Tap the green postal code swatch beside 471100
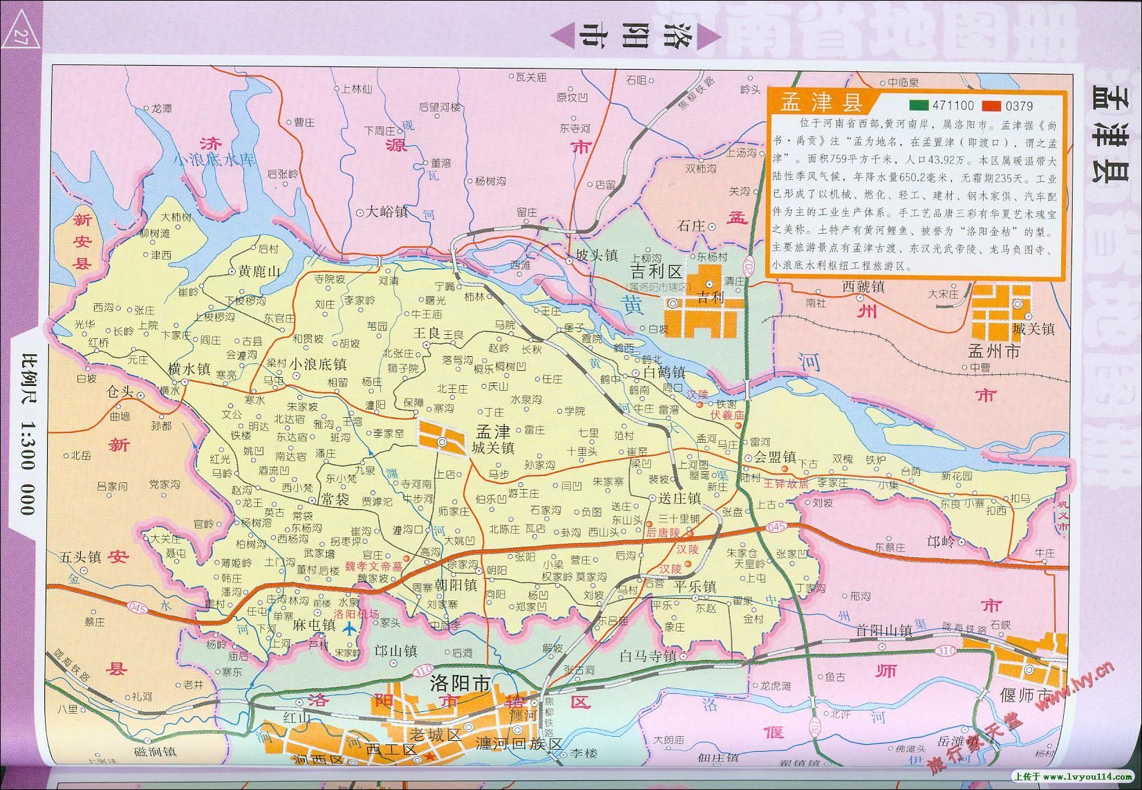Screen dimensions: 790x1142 919,106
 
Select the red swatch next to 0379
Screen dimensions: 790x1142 992,106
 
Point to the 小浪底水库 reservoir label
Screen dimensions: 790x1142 214,160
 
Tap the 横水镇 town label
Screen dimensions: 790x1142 189,369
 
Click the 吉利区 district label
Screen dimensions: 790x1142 655,270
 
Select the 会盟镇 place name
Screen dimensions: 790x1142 775,457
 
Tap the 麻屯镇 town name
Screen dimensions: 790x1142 314,625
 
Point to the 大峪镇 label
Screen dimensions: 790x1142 387,212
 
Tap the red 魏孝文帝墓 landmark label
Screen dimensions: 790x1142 373,566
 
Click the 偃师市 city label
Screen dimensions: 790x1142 1025,695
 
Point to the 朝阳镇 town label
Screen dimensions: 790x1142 456,585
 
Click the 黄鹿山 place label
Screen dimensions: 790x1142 259,272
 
